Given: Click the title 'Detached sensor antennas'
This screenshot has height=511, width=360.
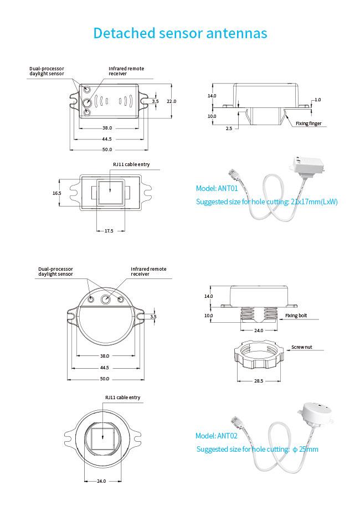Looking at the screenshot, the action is (x=180, y=33).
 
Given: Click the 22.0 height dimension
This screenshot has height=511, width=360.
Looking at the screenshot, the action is (x=172, y=101).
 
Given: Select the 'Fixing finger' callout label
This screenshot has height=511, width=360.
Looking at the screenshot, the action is (x=308, y=123).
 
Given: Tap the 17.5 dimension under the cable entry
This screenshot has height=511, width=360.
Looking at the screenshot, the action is (x=109, y=231).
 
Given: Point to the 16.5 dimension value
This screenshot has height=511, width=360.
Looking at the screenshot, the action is (x=56, y=193).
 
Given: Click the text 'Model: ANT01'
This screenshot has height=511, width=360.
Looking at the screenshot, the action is (x=217, y=188).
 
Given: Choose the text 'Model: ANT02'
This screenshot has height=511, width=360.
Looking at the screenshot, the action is (x=217, y=436).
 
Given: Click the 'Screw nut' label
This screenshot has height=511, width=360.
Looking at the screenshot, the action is (x=302, y=347).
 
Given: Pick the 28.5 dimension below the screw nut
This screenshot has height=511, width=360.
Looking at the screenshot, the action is (x=259, y=381).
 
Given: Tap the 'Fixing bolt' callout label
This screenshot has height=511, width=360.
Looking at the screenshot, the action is (x=296, y=316).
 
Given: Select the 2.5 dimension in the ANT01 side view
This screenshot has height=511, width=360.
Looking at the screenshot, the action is (x=229, y=128).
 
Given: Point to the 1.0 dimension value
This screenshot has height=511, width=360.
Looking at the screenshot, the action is (x=317, y=100).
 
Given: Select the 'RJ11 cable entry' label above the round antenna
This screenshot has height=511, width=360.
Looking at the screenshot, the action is (x=122, y=398).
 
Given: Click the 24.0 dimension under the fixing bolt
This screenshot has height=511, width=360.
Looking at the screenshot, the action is (x=259, y=331).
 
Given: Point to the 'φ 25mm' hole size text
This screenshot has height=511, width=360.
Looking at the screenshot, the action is (x=305, y=450).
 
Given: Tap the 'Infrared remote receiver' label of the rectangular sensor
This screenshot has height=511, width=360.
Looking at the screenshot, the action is (x=126, y=71).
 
